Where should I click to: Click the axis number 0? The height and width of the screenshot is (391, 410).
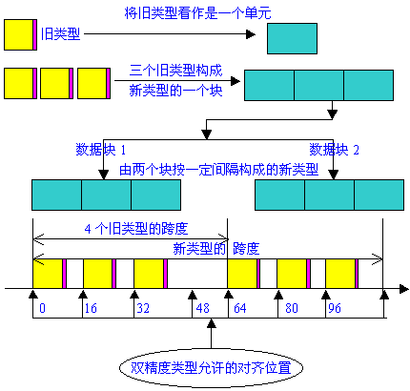click(x=42, y=308)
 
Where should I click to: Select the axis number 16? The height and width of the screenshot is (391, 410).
click(x=91, y=308)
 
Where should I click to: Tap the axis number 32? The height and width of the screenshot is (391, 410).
click(x=143, y=308)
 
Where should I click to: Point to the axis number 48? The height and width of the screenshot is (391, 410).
click(x=203, y=308)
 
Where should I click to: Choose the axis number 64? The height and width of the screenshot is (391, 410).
click(x=240, y=308)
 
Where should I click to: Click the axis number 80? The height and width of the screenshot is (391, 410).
click(x=292, y=308)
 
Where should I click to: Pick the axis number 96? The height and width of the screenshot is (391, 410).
click(x=335, y=308)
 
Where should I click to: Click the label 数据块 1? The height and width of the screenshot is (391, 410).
click(x=100, y=150)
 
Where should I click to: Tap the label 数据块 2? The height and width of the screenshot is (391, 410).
click(x=335, y=150)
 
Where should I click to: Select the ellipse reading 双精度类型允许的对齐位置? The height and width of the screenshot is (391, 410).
click(x=211, y=368)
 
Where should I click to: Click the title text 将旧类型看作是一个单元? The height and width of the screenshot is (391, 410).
click(x=197, y=13)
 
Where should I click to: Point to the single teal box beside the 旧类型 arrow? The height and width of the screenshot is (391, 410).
click(x=292, y=38)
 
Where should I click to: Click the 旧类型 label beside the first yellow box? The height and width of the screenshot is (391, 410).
click(x=60, y=34)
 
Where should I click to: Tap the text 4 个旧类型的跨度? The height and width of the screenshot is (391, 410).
click(x=136, y=229)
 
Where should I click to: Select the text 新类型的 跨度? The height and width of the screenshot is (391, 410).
click(x=216, y=248)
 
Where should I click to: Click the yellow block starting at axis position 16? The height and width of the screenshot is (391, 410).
click(x=97, y=274)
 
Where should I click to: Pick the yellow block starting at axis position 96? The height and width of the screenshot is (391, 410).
click(x=340, y=274)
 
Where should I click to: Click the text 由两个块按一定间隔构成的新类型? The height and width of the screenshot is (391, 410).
click(x=219, y=170)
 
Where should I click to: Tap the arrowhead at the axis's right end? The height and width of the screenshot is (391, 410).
click(x=404, y=289)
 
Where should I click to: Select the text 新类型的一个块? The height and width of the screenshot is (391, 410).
click(x=175, y=91)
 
